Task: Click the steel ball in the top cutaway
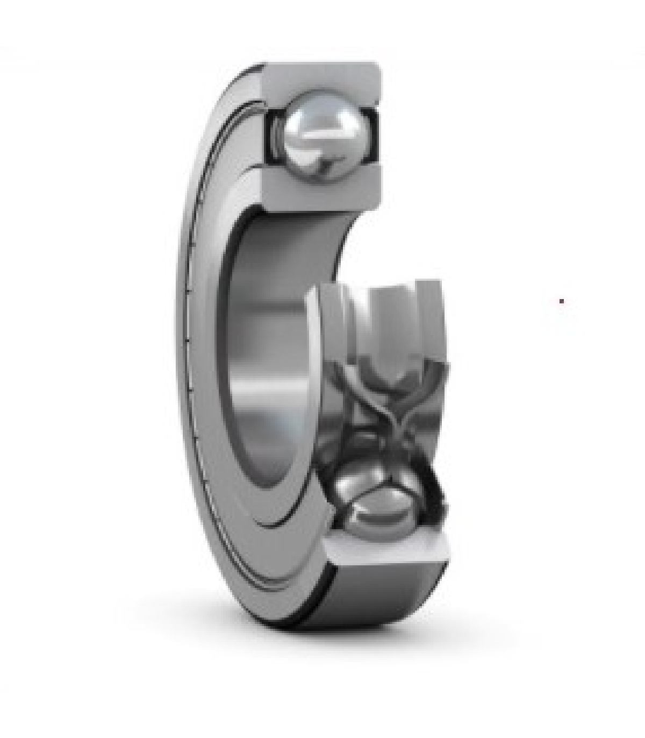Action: click(322, 131)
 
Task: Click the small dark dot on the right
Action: click(562, 301)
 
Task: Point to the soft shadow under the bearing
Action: click(430, 629)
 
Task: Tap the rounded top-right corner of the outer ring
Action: click(376, 67)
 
